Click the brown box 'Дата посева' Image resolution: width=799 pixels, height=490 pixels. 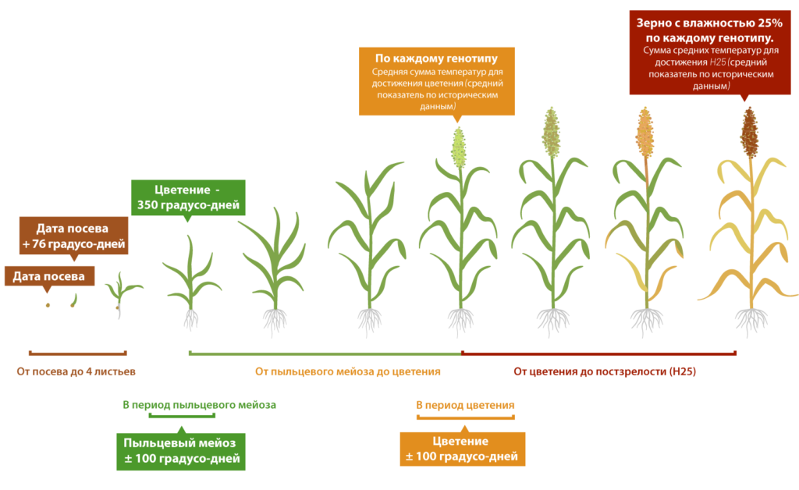pyautogui.click(x=49, y=276)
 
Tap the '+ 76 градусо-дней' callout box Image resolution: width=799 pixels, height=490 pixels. pyautogui.click(x=74, y=236)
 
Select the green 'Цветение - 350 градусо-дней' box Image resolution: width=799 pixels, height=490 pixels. pyautogui.click(x=188, y=197)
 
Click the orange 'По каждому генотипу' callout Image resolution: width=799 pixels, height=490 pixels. pyautogui.click(x=437, y=81)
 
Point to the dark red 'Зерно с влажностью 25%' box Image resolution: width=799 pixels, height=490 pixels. pyautogui.click(x=710, y=53)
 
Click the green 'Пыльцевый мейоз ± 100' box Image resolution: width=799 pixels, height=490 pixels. pyautogui.click(x=181, y=451)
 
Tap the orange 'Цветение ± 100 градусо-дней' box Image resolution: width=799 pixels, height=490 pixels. pyautogui.click(x=462, y=449)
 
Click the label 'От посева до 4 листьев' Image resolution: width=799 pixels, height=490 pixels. pyautogui.click(x=76, y=371)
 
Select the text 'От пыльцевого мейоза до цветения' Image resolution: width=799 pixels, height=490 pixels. pyautogui.click(x=347, y=371)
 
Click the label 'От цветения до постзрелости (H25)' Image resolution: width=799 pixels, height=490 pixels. pyautogui.click(x=605, y=371)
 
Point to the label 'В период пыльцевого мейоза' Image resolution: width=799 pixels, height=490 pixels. pyautogui.click(x=199, y=405)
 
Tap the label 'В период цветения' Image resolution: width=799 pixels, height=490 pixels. pyautogui.click(x=465, y=405)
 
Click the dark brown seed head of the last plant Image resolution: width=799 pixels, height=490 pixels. pyautogui.click(x=749, y=133)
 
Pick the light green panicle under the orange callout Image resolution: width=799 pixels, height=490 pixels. pyautogui.click(x=459, y=147)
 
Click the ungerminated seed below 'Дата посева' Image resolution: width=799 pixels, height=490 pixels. pyautogui.click(x=48, y=305)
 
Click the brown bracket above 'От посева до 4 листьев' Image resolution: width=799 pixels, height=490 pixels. pyautogui.click(x=77, y=353)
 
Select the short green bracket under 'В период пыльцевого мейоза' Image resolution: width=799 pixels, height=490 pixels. pyautogui.click(x=181, y=416)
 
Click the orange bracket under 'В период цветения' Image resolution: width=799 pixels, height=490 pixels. pyautogui.click(x=465, y=417)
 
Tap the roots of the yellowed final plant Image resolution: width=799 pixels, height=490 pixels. pyautogui.click(x=751, y=321)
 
